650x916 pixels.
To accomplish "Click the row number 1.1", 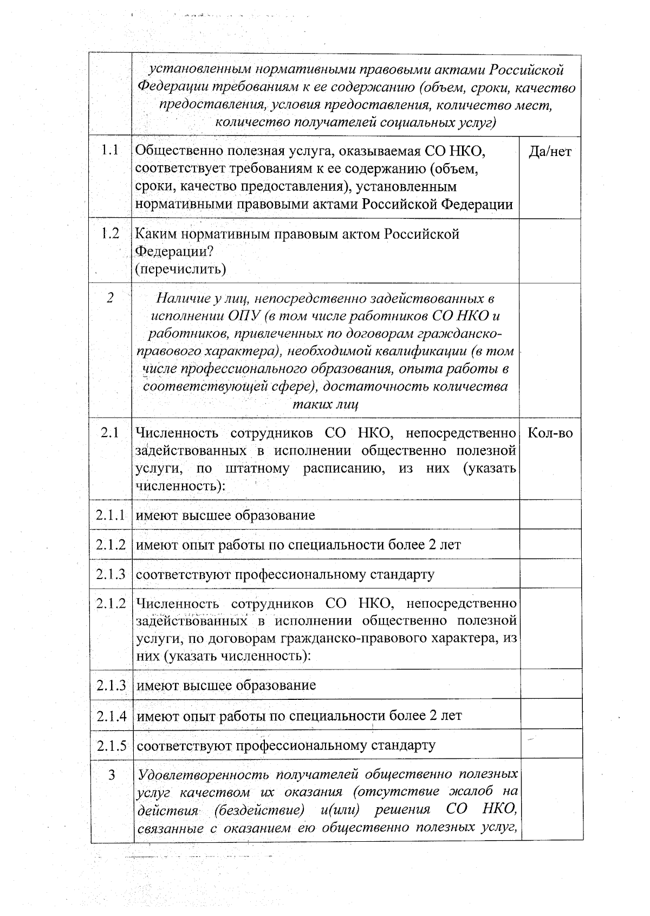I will (x=110, y=151).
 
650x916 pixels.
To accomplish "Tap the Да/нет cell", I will (x=550, y=152).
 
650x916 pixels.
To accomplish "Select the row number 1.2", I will (x=110, y=234).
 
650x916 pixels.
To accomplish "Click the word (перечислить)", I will (x=180, y=269).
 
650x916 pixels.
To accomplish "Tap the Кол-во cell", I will (x=550, y=433).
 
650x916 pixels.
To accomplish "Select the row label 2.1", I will (x=110, y=433).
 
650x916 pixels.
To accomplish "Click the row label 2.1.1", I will (x=111, y=515).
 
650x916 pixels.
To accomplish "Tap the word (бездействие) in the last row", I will (x=258, y=810).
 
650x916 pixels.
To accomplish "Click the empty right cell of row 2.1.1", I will (x=550, y=515).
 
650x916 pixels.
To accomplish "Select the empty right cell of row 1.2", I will (x=550, y=251).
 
